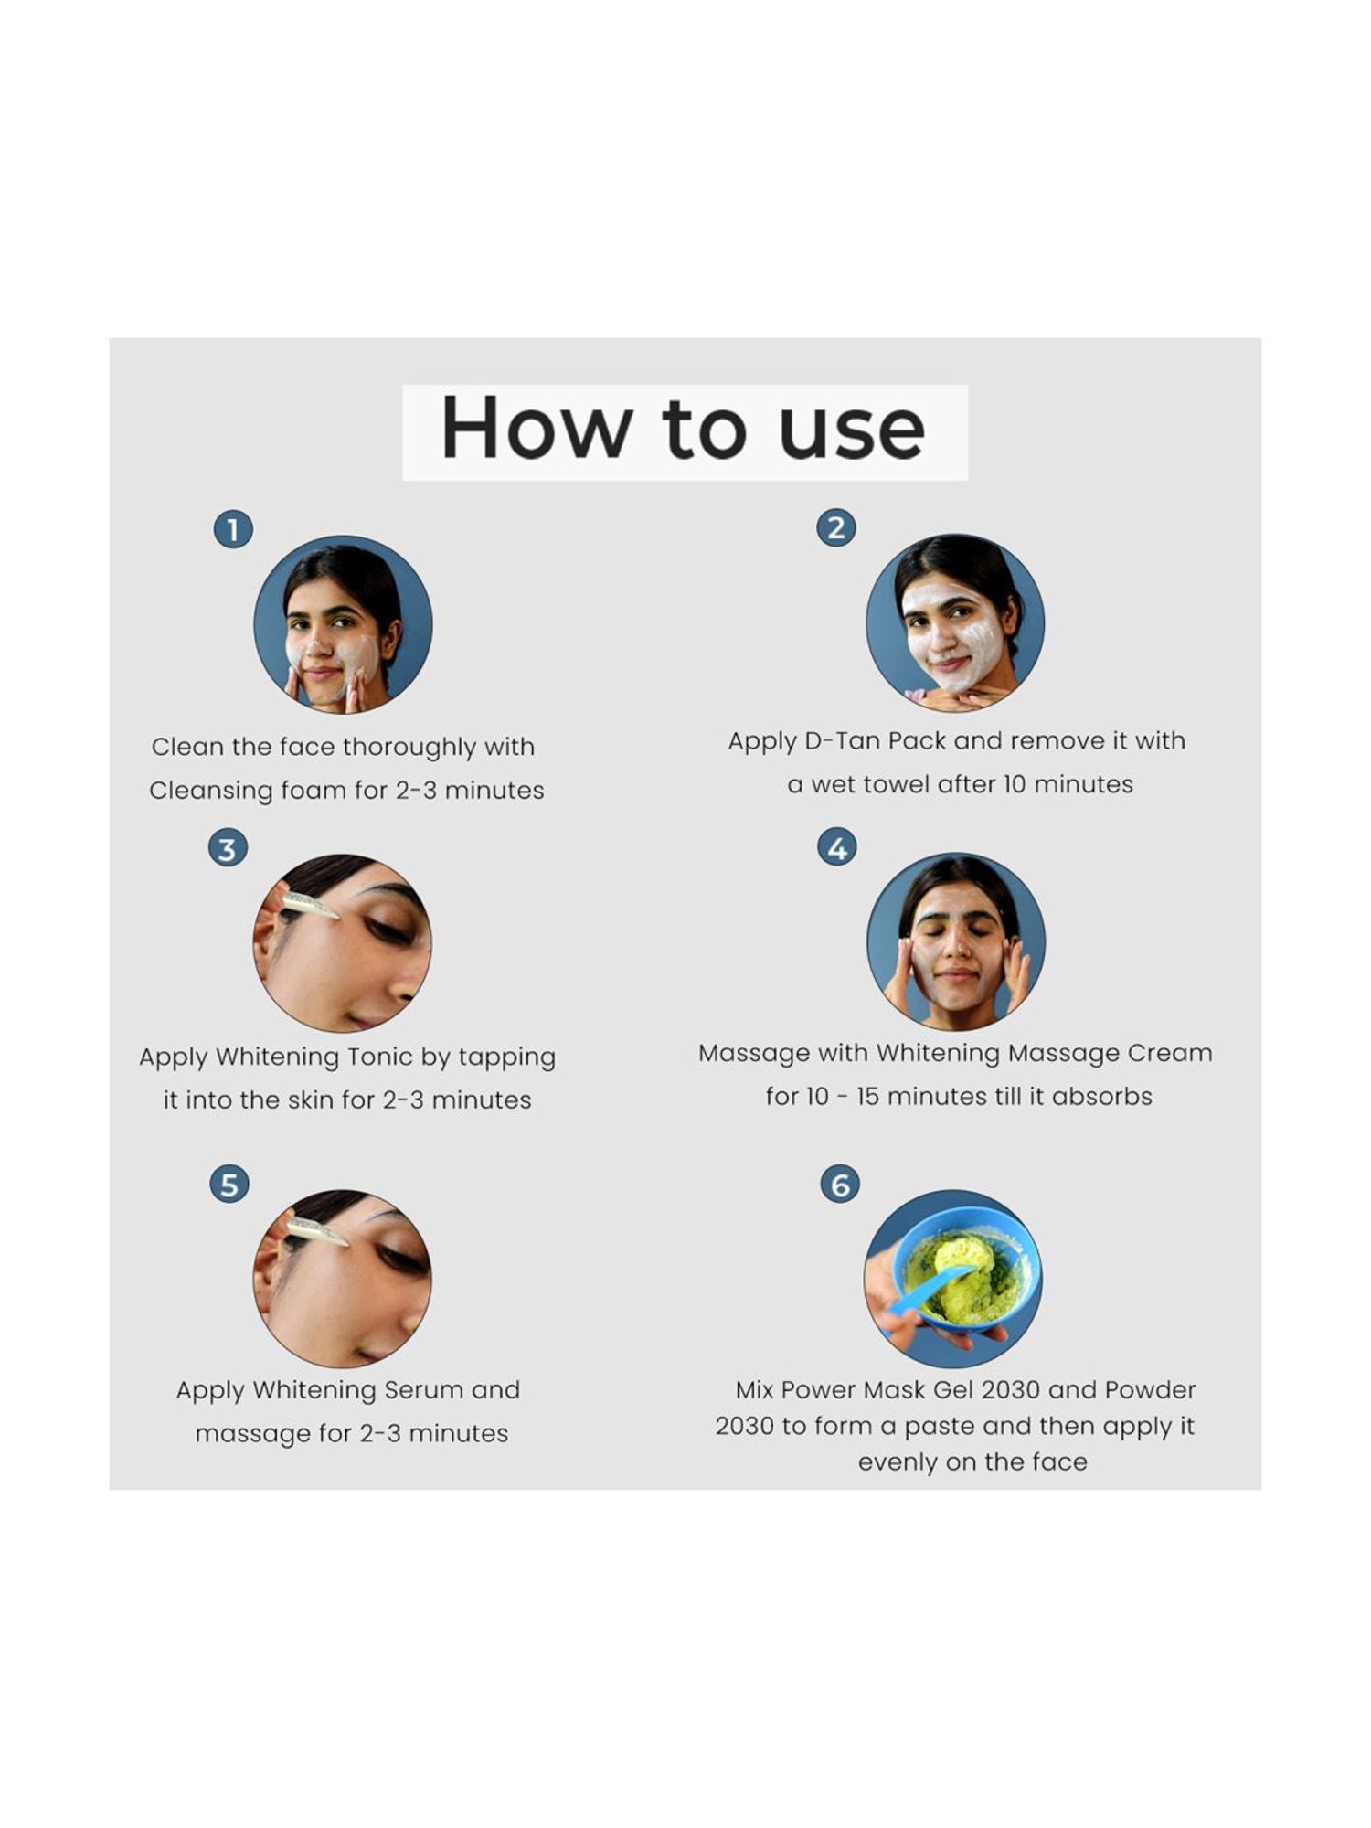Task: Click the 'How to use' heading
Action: [x=684, y=430]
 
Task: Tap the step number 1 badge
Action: [x=233, y=529]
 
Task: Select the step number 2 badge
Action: [x=836, y=527]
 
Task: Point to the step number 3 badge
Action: [x=228, y=848]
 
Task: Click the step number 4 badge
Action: [x=837, y=848]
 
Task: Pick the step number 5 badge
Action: [x=229, y=1185]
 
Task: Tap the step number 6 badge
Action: [x=840, y=1185]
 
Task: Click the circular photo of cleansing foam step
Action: [x=343, y=625]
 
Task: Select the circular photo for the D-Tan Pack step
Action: [x=955, y=623]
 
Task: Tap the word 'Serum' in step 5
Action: [x=423, y=1390]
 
